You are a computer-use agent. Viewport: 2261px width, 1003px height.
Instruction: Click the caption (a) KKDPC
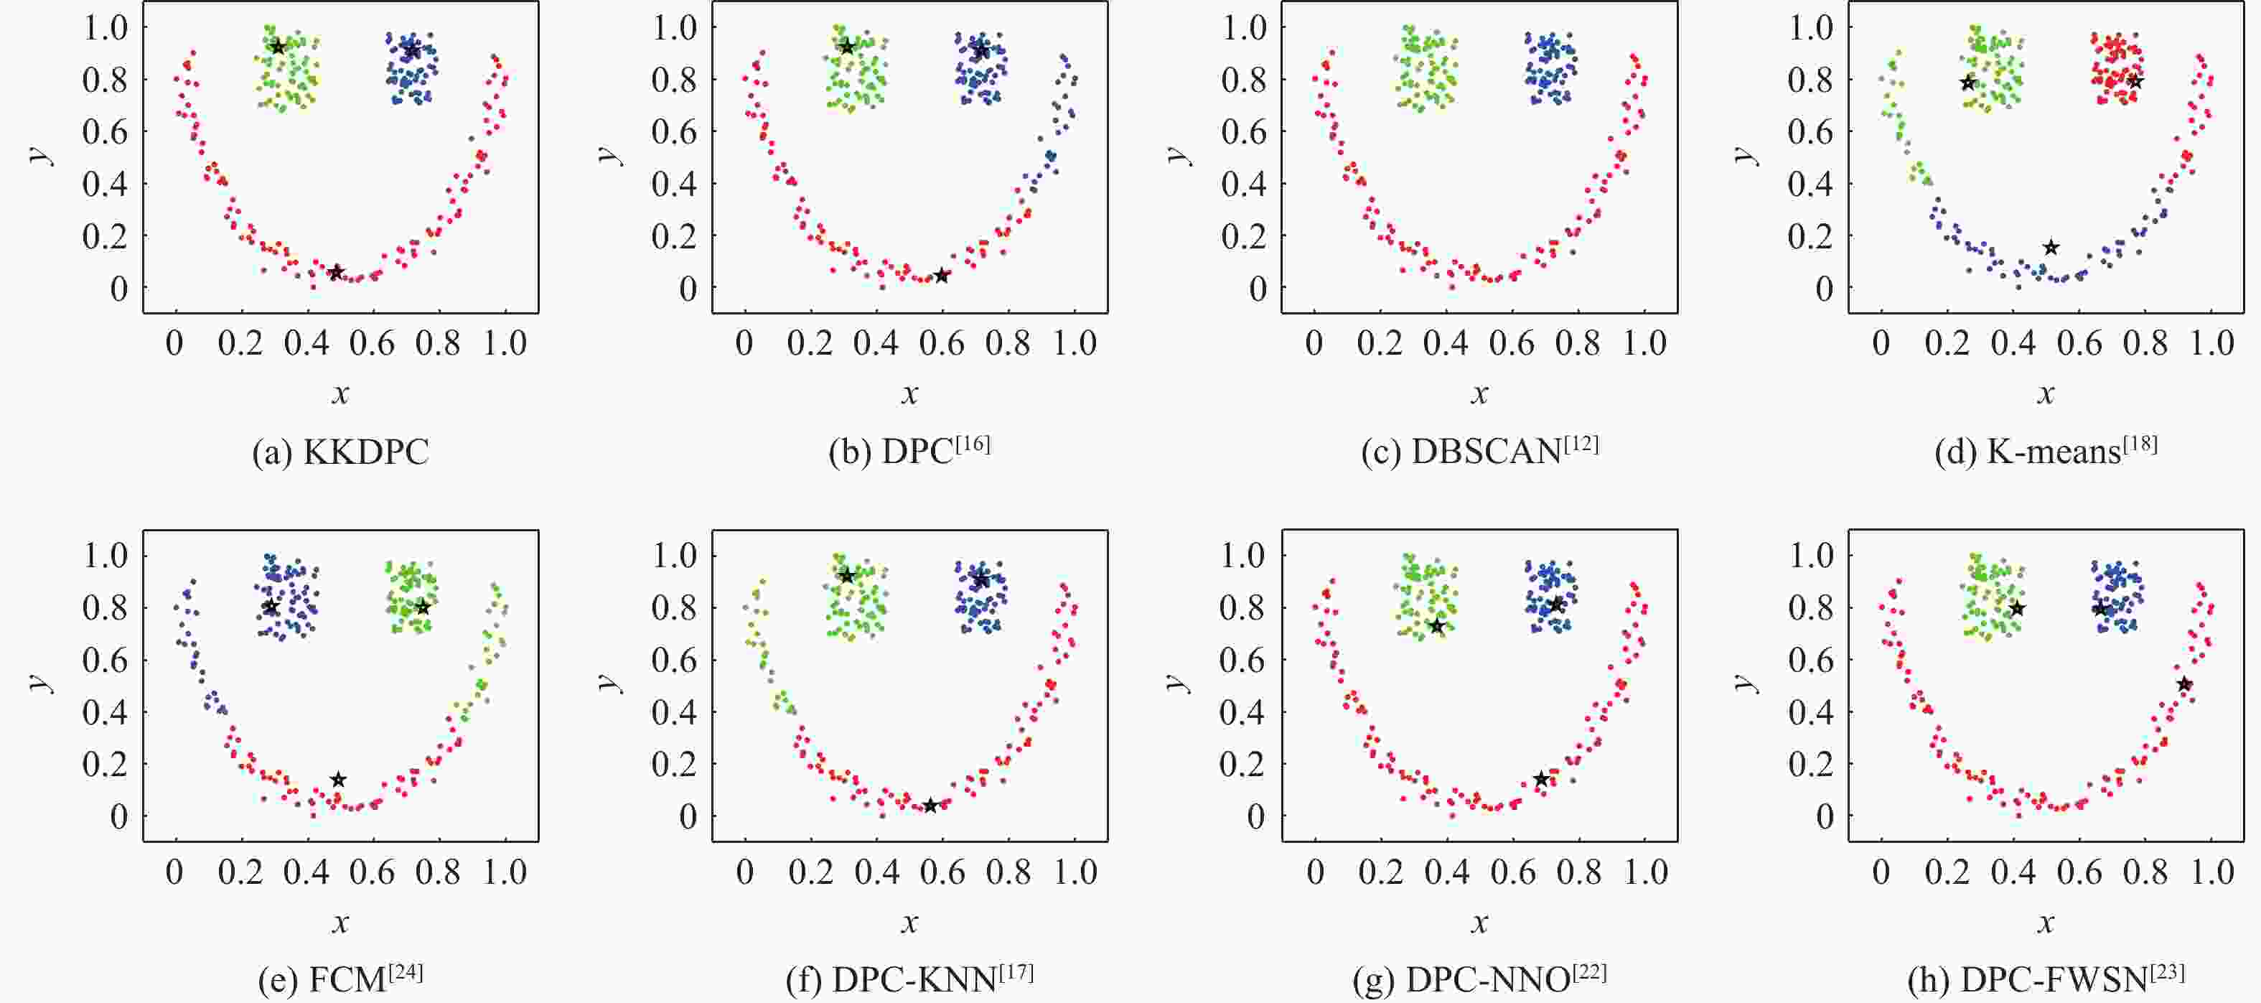pos(340,452)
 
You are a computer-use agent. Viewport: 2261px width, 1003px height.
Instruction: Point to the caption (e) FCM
pos(340,979)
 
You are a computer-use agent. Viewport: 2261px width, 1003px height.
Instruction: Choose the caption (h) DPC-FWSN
pos(2045,979)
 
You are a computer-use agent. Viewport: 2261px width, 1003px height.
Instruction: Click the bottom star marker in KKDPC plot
pos(335,272)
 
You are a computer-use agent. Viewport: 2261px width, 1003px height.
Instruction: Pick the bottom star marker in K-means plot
pos(2051,248)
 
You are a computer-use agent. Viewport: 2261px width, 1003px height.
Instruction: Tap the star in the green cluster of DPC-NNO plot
pos(1437,625)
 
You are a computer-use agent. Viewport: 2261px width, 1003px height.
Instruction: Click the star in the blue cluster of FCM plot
pos(271,607)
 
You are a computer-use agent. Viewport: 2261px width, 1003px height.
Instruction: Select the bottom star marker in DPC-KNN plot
pos(930,806)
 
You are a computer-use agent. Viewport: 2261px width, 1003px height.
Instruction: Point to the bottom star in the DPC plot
pos(942,276)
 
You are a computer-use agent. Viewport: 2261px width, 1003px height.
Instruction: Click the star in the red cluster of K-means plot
pos(2135,82)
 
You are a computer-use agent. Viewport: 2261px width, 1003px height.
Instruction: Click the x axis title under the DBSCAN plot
pos(1480,394)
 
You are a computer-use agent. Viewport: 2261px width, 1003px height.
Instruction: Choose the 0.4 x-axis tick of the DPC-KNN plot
pos(877,872)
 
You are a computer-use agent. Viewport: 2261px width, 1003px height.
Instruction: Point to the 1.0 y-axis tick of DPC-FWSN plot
pos(1812,555)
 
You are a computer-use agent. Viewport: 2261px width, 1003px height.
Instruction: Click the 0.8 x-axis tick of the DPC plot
pos(1008,342)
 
